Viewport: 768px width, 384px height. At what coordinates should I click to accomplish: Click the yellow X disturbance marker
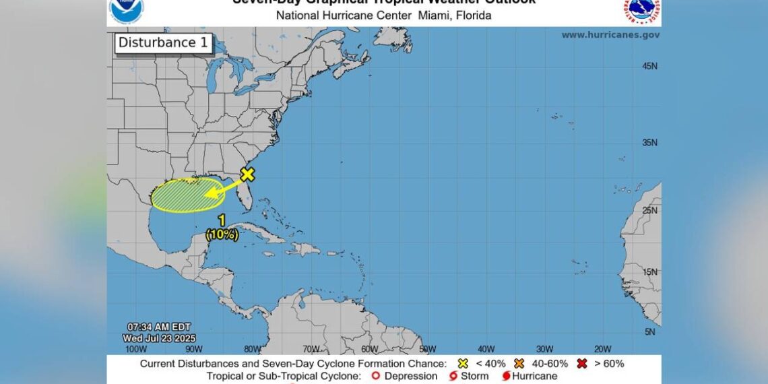pos(248,174)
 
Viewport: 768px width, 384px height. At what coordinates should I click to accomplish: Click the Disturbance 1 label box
pos(163,43)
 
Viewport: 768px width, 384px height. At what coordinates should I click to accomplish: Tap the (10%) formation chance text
pos(222,234)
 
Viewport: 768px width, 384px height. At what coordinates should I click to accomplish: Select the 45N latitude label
pos(649,66)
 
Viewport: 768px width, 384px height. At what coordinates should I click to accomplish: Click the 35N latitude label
pos(649,142)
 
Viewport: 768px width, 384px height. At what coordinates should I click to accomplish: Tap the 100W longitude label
pos(136,349)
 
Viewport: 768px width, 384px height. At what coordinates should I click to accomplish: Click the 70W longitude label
pos(311,349)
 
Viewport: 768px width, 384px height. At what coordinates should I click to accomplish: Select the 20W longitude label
pos(602,349)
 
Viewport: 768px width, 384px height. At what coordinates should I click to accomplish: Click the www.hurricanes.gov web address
pos(610,35)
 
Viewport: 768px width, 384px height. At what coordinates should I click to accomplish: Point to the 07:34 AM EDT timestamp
pos(154,327)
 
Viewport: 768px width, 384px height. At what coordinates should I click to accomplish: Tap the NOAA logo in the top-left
pos(126,8)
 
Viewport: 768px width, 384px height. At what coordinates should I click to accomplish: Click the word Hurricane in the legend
pos(534,376)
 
